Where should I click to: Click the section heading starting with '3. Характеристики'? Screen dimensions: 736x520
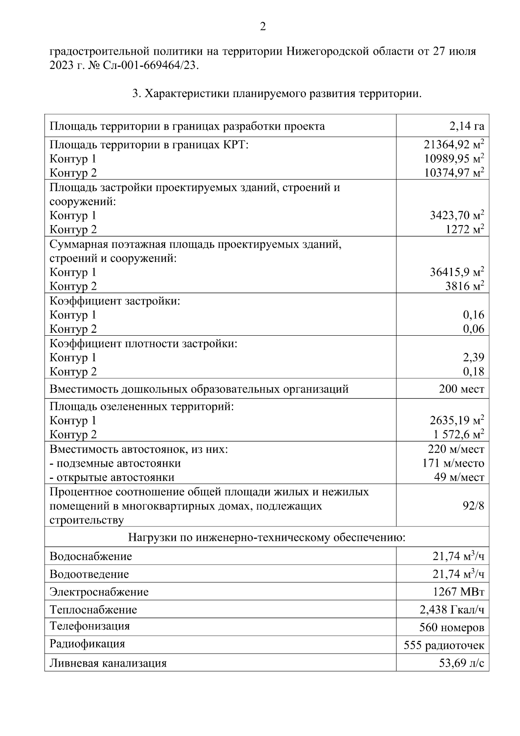click(x=276, y=94)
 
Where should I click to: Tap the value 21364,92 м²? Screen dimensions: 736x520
click(x=454, y=145)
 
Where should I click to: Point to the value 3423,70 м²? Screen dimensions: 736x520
click(x=457, y=215)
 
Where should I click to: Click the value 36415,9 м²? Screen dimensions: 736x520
click(x=457, y=272)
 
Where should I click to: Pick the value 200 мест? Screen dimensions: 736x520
click(x=461, y=389)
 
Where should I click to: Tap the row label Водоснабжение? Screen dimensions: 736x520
click(x=91, y=556)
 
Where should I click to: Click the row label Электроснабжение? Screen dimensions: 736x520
click(x=99, y=592)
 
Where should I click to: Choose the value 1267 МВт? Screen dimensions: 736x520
click(x=458, y=592)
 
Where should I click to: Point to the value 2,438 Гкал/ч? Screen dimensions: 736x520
click(x=452, y=610)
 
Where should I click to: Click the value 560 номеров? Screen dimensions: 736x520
click(x=452, y=628)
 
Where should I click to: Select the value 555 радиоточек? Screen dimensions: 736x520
click(x=444, y=645)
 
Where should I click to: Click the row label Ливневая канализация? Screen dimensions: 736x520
click(x=108, y=663)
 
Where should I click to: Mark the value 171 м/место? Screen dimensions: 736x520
click(x=453, y=463)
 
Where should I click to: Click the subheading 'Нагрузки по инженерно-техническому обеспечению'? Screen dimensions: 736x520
click(x=266, y=538)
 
